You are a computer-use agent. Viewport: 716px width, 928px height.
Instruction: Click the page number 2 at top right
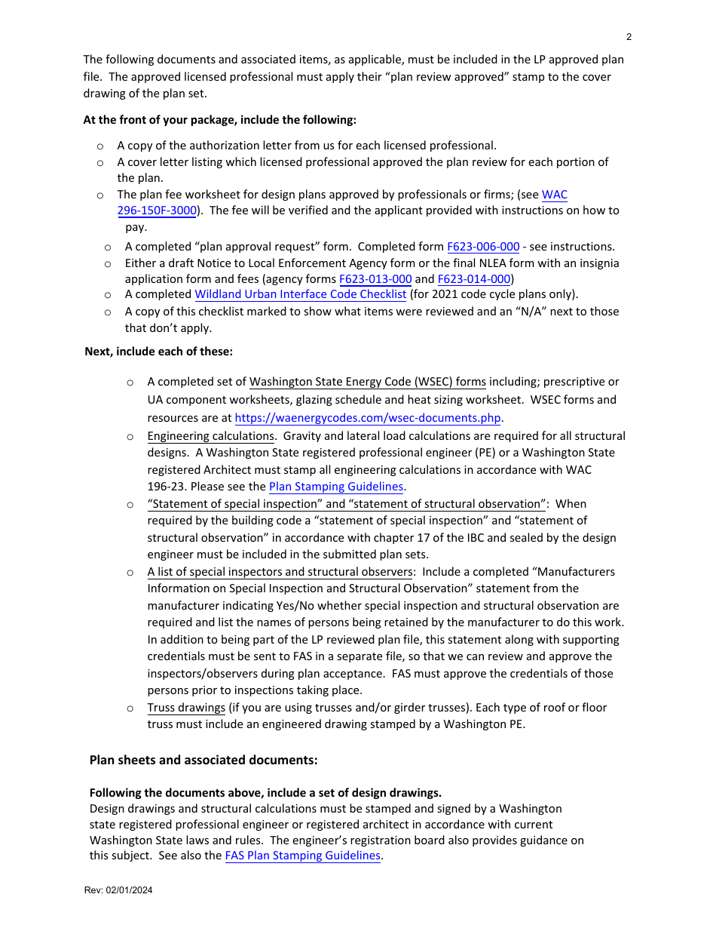click(x=629, y=37)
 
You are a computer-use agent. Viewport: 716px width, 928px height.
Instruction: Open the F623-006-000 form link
click(x=483, y=247)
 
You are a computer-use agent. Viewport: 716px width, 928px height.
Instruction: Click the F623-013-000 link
click(x=375, y=279)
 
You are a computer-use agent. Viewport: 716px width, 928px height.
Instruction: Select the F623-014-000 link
click(x=473, y=279)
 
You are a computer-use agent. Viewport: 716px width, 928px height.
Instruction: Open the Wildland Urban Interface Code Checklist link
click(x=300, y=294)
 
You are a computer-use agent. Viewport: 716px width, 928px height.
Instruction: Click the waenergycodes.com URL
click(x=368, y=418)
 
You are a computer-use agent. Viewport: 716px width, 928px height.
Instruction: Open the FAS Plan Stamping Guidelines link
click(x=302, y=856)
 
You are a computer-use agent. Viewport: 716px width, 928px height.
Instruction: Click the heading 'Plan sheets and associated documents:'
click(x=203, y=760)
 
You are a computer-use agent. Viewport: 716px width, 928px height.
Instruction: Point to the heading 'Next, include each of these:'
click(x=158, y=351)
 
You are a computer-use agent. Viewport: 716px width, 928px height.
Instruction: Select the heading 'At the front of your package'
click(x=219, y=119)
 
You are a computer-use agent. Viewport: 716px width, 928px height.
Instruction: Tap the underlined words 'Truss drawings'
click(x=186, y=708)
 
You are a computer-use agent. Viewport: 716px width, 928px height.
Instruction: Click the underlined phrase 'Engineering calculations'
click(x=210, y=436)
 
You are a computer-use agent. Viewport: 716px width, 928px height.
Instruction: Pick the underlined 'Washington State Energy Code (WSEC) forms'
click(x=367, y=382)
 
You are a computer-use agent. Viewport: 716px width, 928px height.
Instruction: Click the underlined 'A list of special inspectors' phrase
click(x=280, y=572)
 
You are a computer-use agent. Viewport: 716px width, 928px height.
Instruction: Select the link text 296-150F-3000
click(x=157, y=210)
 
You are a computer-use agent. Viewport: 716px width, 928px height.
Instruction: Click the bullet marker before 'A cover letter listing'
click(x=100, y=162)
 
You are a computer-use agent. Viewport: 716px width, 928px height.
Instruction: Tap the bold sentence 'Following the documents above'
click(x=265, y=792)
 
